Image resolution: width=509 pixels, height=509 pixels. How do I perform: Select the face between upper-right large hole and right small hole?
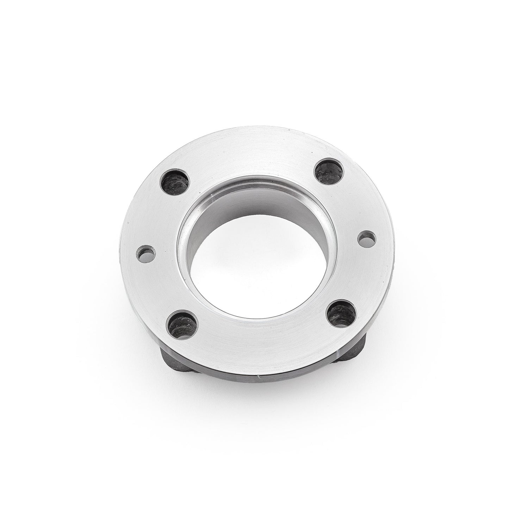pos(352,204)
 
